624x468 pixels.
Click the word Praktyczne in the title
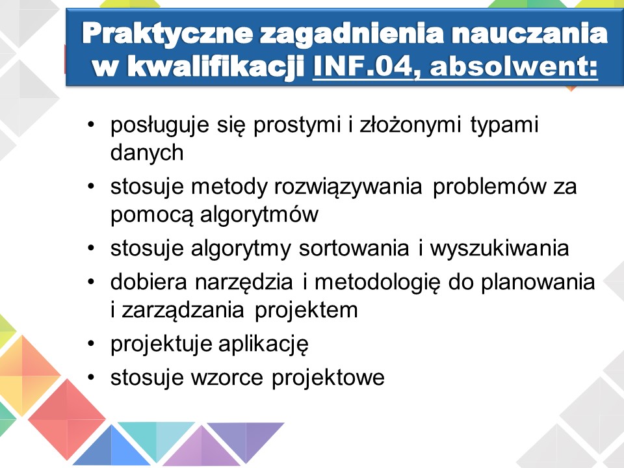coord(168,34)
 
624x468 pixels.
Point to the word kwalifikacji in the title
coord(216,66)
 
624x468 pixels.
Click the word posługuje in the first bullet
coord(160,125)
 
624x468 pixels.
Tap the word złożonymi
coord(410,125)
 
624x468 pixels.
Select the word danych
coord(147,152)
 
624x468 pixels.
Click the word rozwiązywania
coord(348,187)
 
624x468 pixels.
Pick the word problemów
coord(489,187)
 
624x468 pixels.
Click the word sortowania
coord(354,248)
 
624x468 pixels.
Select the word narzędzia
coord(244,282)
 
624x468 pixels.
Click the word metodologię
coord(378,282)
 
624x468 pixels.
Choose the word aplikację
coord(263,344)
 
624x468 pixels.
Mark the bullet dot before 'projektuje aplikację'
coord(92,343)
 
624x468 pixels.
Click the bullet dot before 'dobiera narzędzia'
coord(92,281)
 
